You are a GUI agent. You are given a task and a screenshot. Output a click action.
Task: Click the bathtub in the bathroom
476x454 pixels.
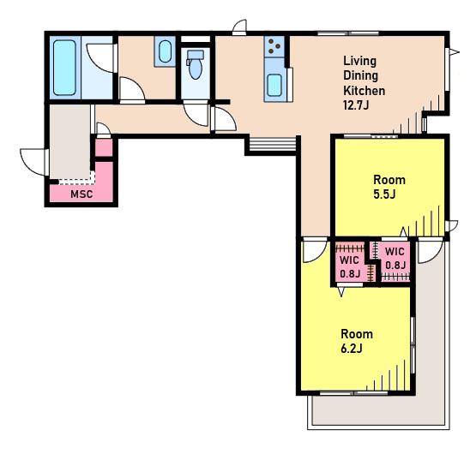(x=64, y=68)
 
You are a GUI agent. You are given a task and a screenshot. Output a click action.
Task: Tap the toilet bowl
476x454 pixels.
(x=195, y=67)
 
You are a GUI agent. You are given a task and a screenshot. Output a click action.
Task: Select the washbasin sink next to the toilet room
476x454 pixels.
(x=165, y=51)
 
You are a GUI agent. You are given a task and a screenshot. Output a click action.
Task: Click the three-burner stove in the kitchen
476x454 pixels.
(x=274, y=46)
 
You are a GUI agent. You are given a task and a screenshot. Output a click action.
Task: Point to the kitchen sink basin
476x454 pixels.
(x=274, y=85)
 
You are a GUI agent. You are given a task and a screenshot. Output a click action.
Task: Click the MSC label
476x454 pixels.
(x=81, y=194)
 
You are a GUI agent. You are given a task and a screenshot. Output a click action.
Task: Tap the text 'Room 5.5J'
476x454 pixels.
(x=389, y=187)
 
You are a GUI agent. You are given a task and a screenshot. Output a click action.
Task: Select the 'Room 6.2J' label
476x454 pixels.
(x=357, y=341)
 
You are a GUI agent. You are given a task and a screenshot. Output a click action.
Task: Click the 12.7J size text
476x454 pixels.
(x=356, y=105)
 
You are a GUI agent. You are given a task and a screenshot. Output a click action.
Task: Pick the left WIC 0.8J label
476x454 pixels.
(x=350, y=266)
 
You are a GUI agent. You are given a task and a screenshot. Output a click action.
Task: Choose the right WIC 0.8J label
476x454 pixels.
(x=395, y=258)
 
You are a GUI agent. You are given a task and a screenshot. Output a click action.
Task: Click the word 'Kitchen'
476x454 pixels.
(x=364, y=91)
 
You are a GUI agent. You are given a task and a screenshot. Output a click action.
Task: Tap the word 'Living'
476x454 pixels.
(x=360, y=61)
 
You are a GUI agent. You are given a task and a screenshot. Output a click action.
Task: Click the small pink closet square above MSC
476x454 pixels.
(x=104, y=147)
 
